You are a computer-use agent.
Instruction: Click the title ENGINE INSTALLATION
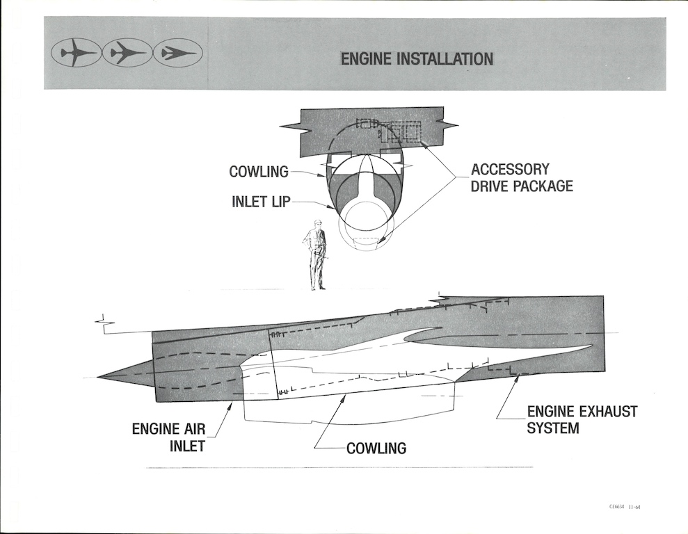click(x=417, y=59)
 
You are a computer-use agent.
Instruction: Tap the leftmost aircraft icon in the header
click(x=75, y=53)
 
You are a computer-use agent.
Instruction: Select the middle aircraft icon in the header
click(x=127, y=53)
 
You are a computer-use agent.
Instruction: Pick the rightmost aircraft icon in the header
click(x=177, y=53)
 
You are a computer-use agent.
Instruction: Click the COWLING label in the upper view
click(x=258, y=172)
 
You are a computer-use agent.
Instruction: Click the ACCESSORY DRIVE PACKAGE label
click(x=521, y=177)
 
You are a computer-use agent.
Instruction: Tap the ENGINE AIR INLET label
click(x=168, y=437)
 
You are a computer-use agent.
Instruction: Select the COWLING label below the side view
click(x=376, y=448)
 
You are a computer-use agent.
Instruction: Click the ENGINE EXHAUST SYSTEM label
click(x=582, y=419)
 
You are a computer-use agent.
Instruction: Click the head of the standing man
click(x=318, y=224)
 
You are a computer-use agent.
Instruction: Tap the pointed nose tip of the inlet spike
click(x=99, y=377)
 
